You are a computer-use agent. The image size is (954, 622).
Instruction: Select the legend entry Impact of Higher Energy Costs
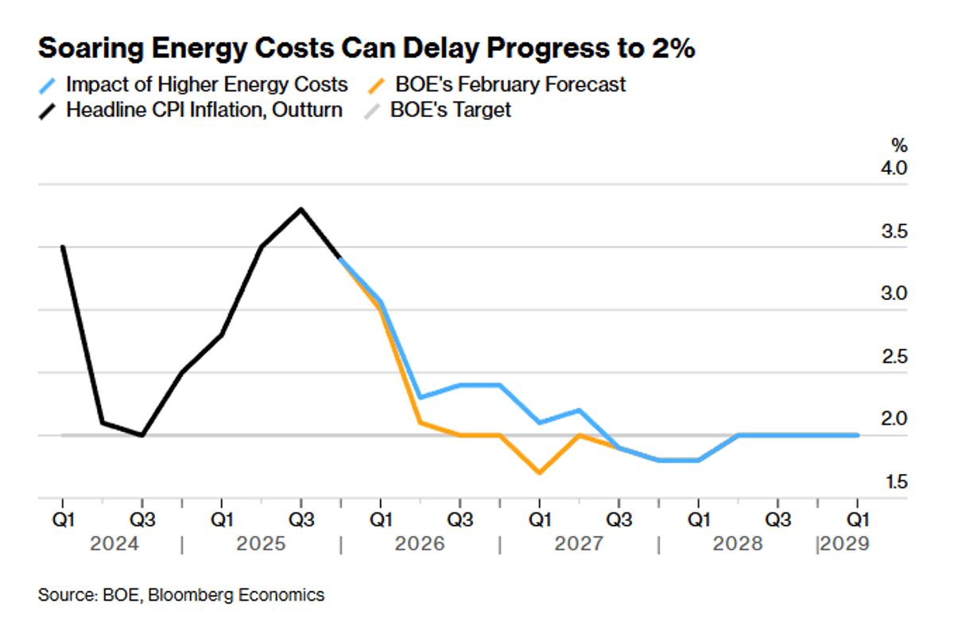click(x=207, y=84)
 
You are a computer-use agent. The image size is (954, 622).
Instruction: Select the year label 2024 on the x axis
click(x=114, y=545)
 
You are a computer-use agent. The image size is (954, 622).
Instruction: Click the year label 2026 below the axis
click(x=419, y=545)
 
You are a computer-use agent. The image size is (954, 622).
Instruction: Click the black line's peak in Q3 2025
click(x=301, y=209)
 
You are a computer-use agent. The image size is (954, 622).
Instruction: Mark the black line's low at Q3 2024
click(x=142, y=435)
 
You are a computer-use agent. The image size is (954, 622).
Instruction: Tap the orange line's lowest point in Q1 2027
click(x=540, y=473)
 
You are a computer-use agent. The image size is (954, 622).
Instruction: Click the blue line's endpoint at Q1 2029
click(x=857, y=435)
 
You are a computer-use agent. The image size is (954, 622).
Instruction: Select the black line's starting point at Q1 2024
click(x=62, y=247)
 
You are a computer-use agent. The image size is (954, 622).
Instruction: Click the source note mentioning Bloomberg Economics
click(x=181, y=595)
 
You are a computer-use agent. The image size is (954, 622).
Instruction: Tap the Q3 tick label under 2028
click(x=778, y=520)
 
